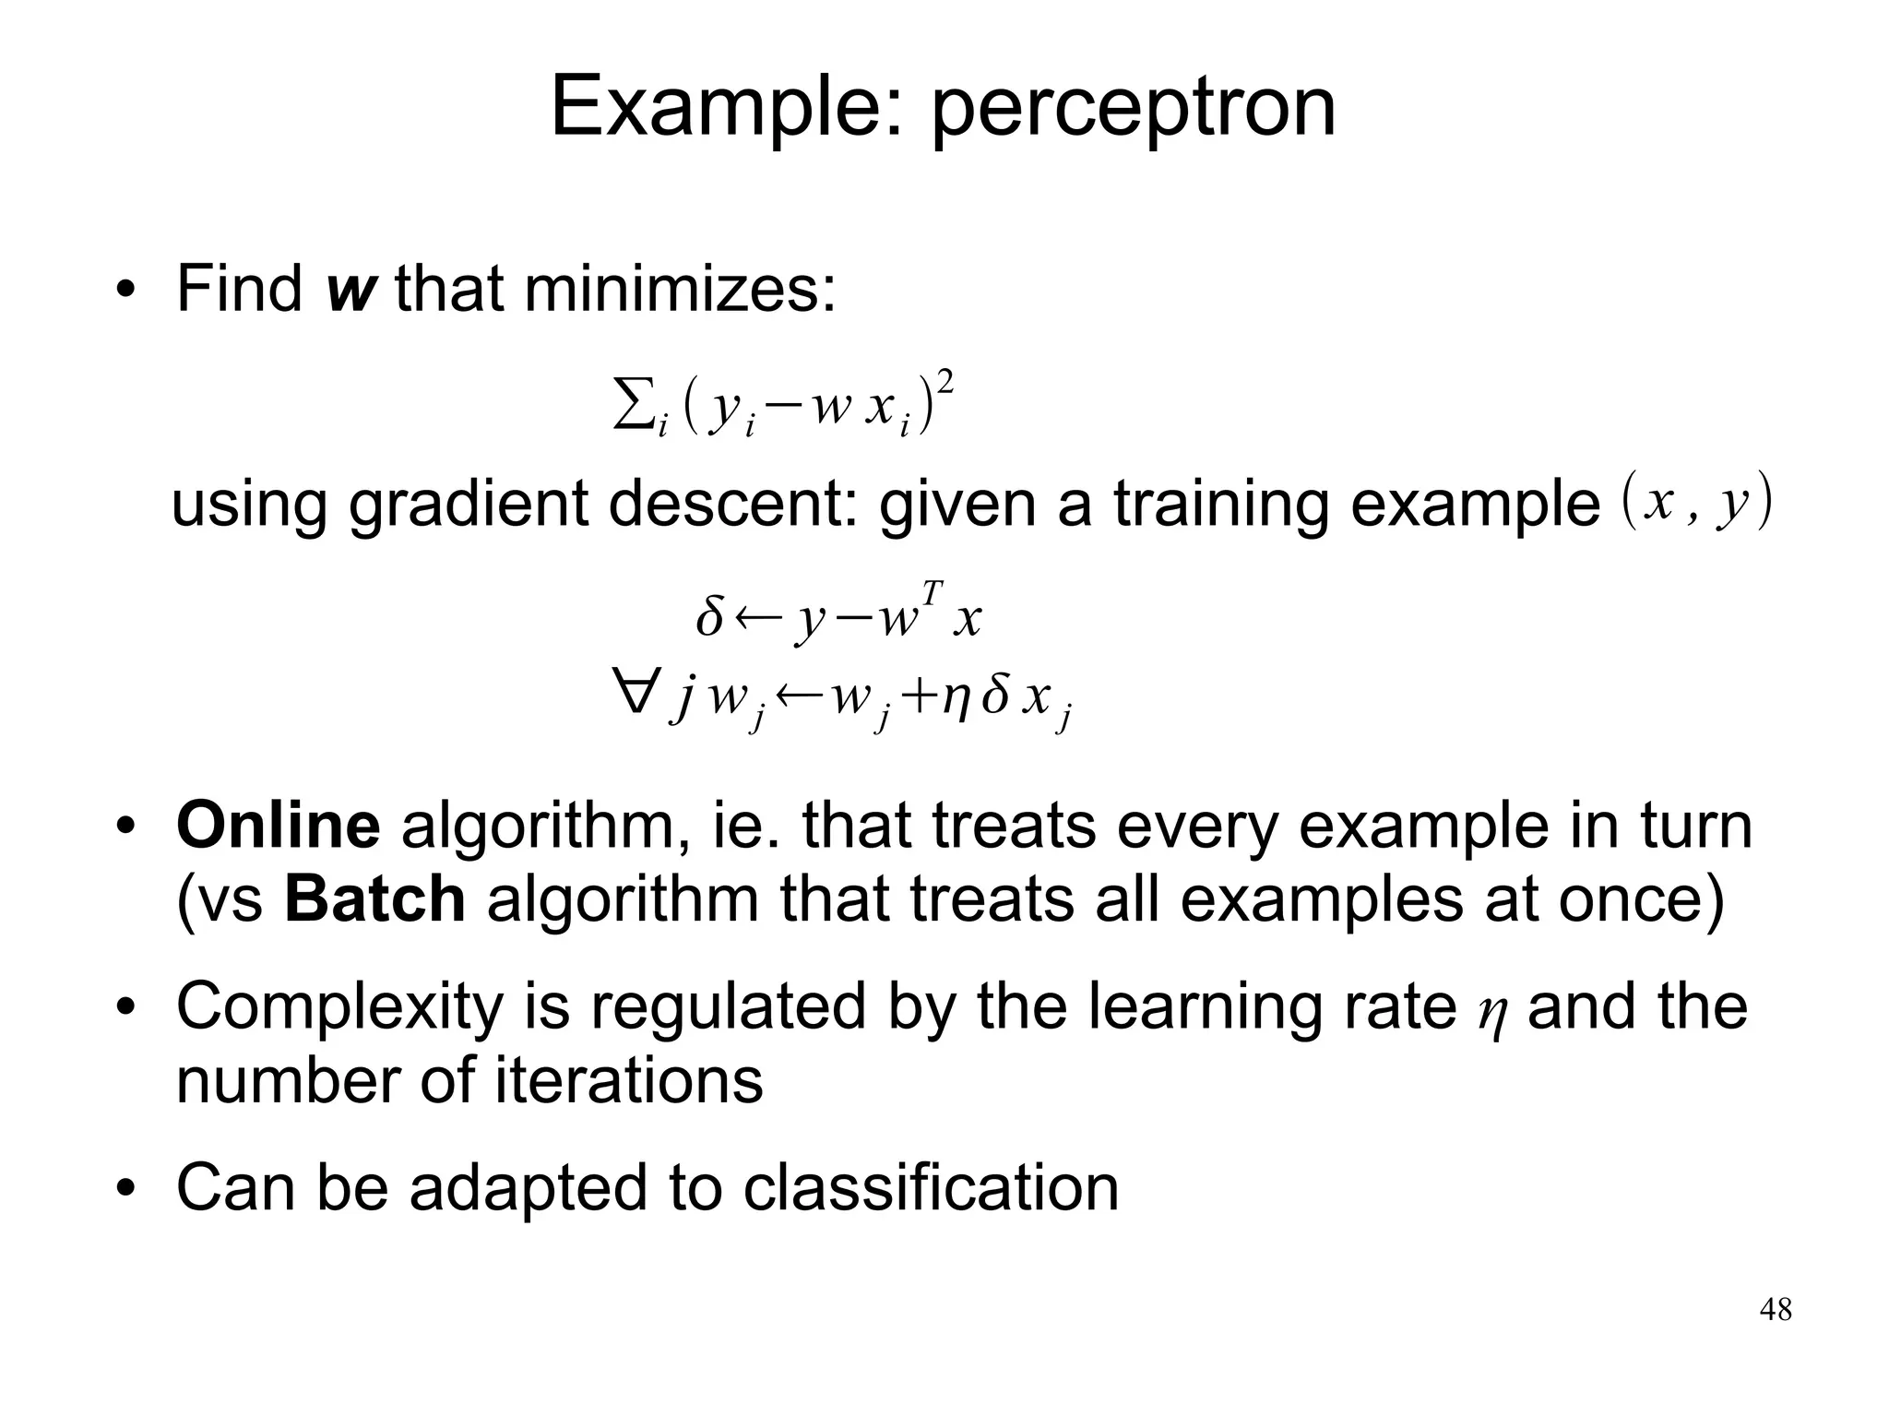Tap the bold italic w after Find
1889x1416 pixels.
(x=351, y=290)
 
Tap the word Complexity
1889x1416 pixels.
(x=339, y=1006)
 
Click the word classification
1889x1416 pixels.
(x=931, y=1187)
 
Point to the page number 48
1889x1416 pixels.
(x=1776, y=1310)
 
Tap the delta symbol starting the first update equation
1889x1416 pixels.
(x=709, y=617)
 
